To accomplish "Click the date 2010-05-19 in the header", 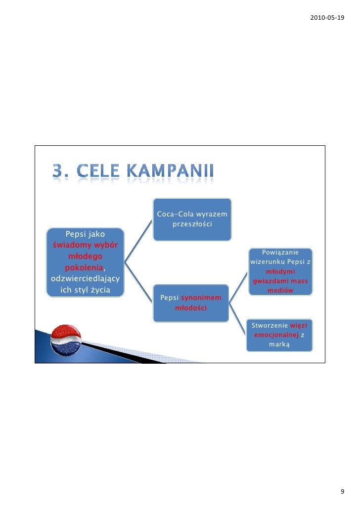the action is coord(326,18).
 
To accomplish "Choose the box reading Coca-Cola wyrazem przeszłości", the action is coord(192,219).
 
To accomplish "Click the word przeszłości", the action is coord(192,224).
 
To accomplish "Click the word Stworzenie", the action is coord(270,326).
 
